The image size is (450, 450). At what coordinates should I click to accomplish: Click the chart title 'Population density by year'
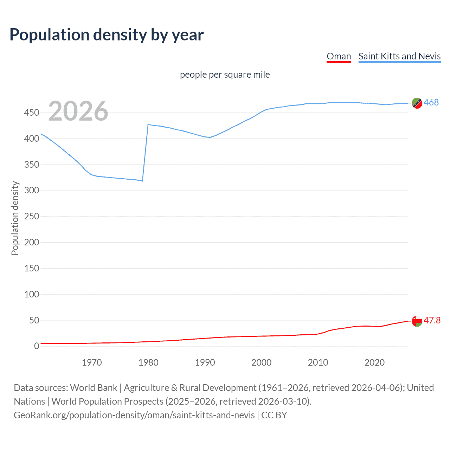[107, 35]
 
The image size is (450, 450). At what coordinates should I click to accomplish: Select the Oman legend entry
[339, 56]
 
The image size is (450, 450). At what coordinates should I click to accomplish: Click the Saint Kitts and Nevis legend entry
[399, 56]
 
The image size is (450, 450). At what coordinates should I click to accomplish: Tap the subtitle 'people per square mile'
[225, 75]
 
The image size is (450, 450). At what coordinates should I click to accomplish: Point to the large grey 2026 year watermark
[78, 111]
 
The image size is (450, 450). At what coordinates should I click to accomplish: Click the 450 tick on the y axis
[32, 113]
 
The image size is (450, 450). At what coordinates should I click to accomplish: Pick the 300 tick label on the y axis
[32, 191]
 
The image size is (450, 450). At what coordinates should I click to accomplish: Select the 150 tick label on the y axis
[32, 268]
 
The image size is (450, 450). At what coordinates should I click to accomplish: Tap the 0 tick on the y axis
[37, 346]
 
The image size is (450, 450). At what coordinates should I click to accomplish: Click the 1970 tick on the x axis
[92, 362]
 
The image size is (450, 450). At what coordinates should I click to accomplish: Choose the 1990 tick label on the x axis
[205, 362]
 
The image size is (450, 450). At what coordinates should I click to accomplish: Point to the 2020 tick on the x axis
[374, 362]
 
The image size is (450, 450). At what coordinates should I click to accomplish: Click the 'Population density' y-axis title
[15, 218]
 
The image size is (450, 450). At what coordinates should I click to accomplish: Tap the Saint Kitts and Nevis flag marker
[417, 103]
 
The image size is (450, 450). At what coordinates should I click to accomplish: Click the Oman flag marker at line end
[417, 321]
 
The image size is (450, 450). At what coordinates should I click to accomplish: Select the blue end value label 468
[431, 102]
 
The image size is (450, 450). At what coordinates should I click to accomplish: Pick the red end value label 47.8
[432, 320]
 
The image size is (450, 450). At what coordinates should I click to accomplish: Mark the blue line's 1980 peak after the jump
[148, 124]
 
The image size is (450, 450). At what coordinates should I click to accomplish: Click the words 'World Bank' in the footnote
[94, 388]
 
